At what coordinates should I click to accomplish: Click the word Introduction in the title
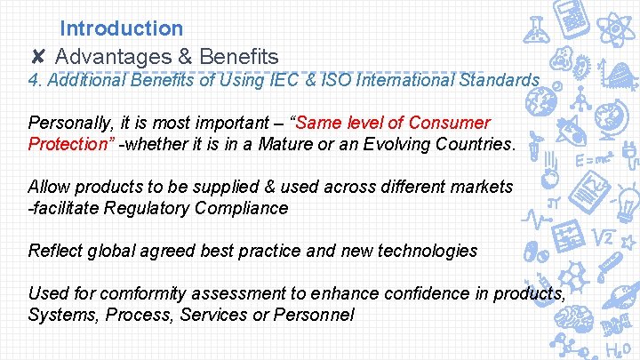pyautogui.click(x=122, y=29)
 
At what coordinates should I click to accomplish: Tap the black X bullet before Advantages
pyautogui.click(x=38, y=58)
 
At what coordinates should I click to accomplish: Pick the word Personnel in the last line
pyautogui.click(x=313, y=315)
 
